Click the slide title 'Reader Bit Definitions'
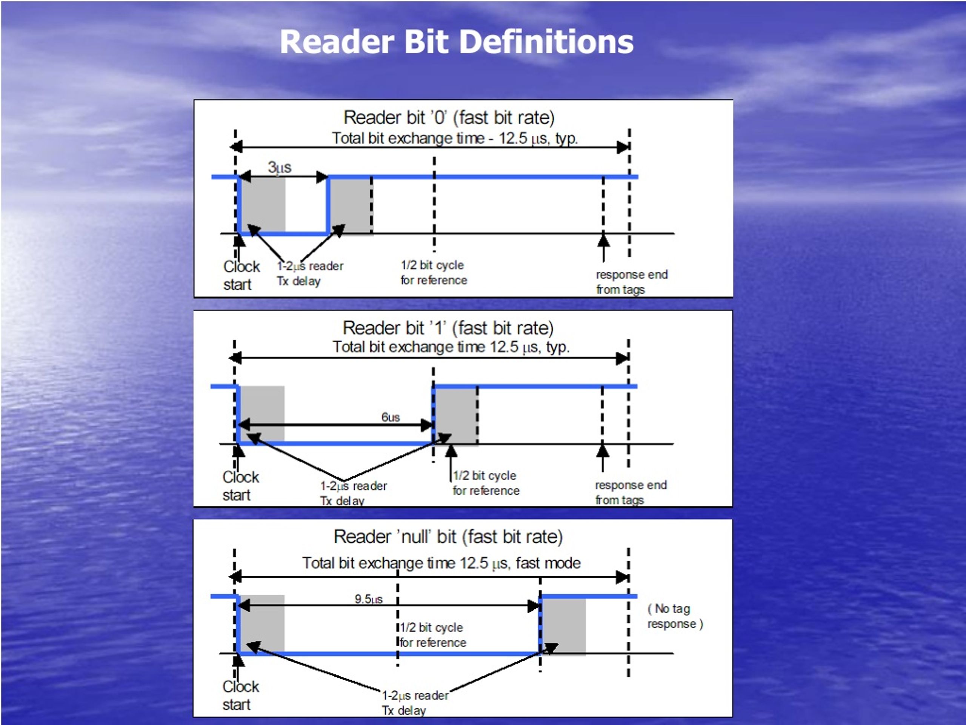tap(456, 42)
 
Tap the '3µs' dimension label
tap(280, 167)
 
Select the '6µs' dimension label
tap(391, 417)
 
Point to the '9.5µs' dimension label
tap(369, 599)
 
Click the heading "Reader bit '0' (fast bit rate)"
tap(449, 117)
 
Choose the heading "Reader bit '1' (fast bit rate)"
tap(448, 328)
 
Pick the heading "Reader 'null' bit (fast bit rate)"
tap(448, 537)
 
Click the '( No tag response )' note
tap(675, 616)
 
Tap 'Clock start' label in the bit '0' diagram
tap(241, 275)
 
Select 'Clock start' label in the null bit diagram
tap(240, 695)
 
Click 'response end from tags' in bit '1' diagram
tap(631, 492)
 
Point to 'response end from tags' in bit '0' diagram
tap(631, 282)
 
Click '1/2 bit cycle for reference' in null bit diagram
tap(432, 635)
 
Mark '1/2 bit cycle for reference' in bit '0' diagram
tap(434, 272)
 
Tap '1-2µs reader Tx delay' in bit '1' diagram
tap(353, 493)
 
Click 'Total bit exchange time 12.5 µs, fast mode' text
tap(441, 563)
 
